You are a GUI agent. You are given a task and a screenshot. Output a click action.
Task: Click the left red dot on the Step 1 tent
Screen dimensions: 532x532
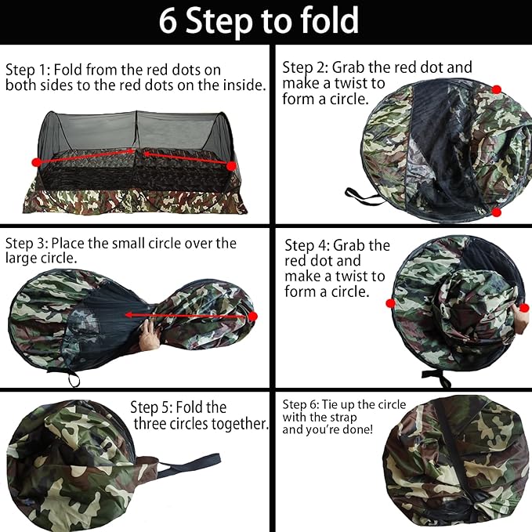coord(36,161)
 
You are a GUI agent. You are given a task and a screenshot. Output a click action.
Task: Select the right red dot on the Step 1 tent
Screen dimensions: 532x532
coord(231,166)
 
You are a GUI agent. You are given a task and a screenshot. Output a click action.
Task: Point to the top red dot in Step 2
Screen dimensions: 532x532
coord(496,90)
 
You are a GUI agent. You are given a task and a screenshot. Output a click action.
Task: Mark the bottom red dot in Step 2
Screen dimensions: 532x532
coord(496,212)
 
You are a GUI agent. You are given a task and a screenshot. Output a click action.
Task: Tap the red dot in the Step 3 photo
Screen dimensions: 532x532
coord(252,316)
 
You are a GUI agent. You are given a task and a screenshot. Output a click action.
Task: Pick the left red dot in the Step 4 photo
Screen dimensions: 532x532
coord(389,302)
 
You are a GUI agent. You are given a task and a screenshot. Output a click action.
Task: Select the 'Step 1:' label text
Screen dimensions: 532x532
coord(27,70)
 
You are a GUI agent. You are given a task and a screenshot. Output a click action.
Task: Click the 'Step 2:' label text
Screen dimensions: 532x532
coord(304,67)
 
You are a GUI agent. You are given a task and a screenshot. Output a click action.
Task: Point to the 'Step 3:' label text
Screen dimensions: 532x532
coord(27,243)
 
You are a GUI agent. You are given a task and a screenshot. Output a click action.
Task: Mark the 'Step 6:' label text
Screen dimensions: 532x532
coord(299,404)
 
